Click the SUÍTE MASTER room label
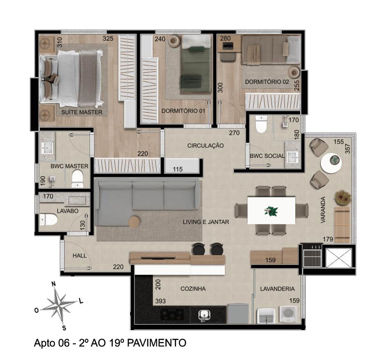coord(82,112)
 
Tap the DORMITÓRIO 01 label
coord(183,111)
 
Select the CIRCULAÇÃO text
coord(205,145)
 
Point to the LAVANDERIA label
coord(277,289)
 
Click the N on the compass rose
coord(54,284)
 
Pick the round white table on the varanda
coord(331,163)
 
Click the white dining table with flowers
coord(271,210)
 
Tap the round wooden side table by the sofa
coord(134,222)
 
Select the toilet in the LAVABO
coord(49,220)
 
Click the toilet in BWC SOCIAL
coord(261,124)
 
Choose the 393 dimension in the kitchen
coord(160,301)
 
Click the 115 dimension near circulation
coord(177,169)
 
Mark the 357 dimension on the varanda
coord(347,149)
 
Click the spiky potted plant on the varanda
coord(342,197)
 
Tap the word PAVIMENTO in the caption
coord(157,343)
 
